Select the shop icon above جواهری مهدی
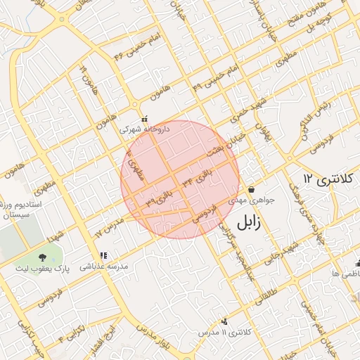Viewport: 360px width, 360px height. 252,189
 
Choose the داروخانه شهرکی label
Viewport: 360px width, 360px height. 144,130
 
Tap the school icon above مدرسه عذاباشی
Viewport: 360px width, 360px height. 104,255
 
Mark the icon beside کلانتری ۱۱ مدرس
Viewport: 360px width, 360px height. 224,321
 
